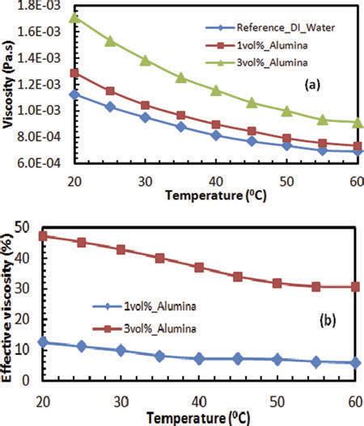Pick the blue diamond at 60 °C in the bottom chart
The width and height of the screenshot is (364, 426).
coord(355,363)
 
